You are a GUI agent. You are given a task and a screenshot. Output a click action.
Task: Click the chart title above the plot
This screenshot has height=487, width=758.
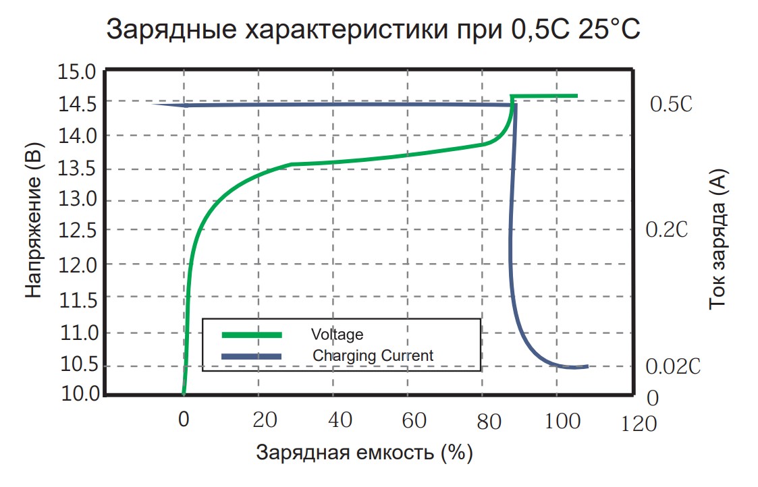point(373,30)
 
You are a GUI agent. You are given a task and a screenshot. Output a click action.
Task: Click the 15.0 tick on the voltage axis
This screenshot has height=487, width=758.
point(79,71)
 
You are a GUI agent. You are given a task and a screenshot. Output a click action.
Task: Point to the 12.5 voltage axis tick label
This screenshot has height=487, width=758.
point(79,231)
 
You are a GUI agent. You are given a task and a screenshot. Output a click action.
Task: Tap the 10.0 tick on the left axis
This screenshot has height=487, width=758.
point(79,393)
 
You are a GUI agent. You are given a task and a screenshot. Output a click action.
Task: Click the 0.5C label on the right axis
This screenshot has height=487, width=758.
point(671,105)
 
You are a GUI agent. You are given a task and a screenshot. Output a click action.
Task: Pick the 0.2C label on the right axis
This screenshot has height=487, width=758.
point(666,230)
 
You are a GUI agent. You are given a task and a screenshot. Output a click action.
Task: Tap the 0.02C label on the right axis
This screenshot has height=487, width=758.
point(673,367)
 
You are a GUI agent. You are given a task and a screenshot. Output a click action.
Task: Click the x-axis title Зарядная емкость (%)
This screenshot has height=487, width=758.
point(364,453)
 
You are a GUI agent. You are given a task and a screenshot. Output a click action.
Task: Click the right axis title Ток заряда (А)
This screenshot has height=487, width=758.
point(719,239)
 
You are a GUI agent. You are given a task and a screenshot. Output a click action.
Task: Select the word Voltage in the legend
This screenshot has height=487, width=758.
point(337,335)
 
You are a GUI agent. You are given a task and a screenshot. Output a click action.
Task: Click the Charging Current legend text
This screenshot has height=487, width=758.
point(373,355)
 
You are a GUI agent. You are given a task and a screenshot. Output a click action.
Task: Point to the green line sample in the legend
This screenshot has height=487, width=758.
point(252,334)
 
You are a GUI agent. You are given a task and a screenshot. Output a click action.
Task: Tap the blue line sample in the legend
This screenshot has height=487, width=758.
point(252,355)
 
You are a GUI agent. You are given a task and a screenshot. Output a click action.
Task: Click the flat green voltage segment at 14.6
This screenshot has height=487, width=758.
point(545,96)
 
